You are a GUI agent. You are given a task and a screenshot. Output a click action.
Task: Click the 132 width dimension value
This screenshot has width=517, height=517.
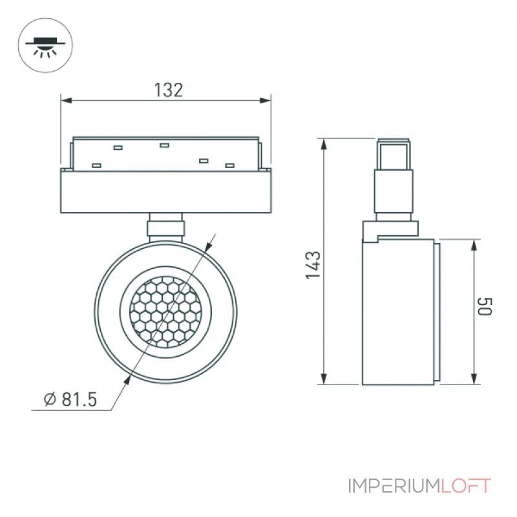click(168, 90)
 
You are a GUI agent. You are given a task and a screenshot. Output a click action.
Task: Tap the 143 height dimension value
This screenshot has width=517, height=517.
click(313, 265)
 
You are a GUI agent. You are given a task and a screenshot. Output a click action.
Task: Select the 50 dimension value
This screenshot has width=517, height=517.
click(484, 306)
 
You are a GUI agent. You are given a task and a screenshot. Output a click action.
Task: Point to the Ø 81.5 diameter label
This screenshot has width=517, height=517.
click(70, 399)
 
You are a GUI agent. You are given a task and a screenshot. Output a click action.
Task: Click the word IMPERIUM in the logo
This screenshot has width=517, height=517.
click(394, 486)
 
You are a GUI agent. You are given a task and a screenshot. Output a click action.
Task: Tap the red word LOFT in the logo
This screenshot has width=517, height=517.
click(466, 486)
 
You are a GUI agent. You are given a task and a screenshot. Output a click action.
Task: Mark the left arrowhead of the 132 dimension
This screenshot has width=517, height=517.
click(67, 100)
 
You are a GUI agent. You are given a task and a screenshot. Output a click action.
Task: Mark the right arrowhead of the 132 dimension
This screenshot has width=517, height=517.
click(265, 100)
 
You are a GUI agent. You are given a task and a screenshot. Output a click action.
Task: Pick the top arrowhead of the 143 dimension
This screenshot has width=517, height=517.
click(324, 145)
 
